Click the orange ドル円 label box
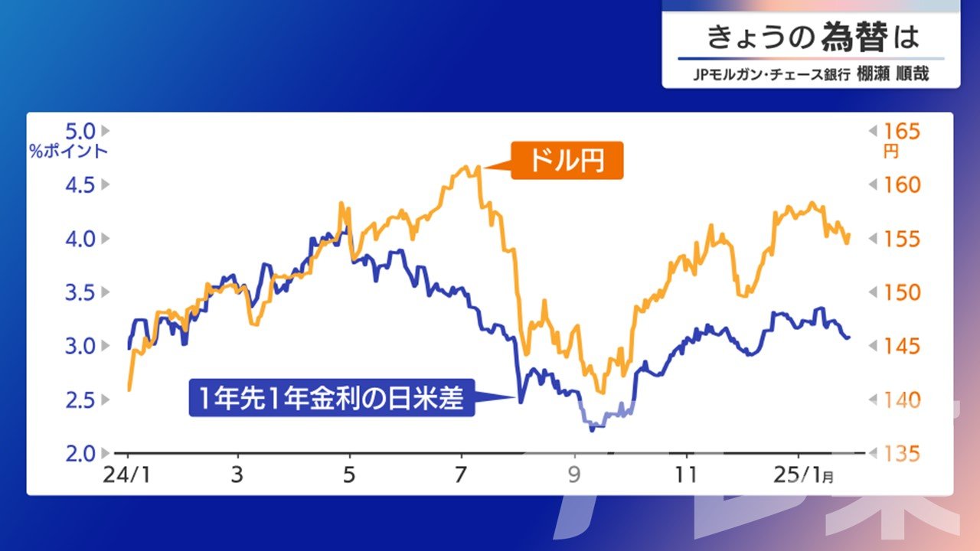pos(567,160)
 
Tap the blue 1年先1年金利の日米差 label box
pos(332,397)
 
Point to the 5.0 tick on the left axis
pos(80,131)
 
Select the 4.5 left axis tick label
pos(80,185)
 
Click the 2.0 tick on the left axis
pos(80,454)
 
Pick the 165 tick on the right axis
pos(902,131)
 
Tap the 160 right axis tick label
pos(902,185)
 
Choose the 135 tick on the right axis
pos(902,454)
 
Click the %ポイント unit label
pos(69,152)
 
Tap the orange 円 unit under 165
pos(891,152)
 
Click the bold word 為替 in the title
pos(854,37)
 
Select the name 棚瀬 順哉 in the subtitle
pos(893,74)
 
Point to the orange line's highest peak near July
pos(479,166)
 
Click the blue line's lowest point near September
pos(592,430)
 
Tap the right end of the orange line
pos(849,235)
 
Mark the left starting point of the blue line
pos(129,348)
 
